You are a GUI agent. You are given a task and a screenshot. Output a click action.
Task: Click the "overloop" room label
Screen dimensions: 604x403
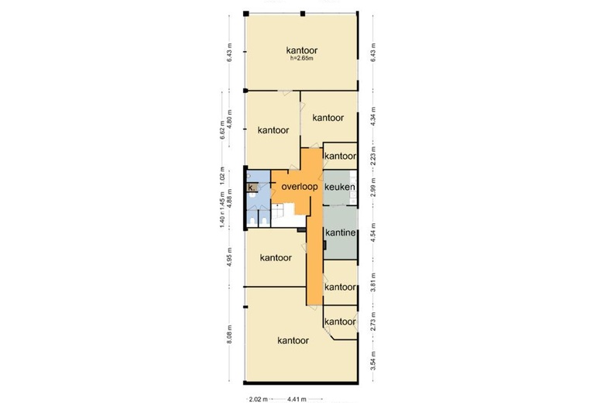point(300,187)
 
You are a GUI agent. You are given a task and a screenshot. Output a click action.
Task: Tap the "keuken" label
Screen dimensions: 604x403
point(340,187)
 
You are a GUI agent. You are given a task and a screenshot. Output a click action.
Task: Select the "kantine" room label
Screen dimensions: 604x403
point(341,232)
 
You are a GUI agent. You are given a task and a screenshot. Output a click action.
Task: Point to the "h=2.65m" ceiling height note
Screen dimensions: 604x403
point(302,59)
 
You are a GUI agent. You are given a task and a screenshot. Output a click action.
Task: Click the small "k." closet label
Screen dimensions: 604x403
point(252,188)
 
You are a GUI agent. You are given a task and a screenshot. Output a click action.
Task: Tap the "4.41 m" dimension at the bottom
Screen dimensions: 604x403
point(297,399)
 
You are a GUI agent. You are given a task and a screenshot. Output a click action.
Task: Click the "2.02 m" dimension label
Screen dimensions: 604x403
point(258,399)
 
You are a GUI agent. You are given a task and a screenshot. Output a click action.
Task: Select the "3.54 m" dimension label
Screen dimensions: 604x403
point(373,360)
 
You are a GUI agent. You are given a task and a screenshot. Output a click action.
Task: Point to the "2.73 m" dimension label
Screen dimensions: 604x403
point(373,321)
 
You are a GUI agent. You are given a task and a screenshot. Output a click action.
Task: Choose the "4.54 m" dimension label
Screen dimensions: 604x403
point(373,232)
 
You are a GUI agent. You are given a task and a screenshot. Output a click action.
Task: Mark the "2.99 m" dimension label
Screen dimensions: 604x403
point(373,187)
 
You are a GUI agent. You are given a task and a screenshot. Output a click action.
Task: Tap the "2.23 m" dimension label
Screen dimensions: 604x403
point(373,157)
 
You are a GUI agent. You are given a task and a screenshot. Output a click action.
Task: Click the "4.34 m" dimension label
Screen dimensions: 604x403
point(373,116)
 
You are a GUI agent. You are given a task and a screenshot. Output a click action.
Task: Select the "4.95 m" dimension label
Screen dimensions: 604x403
point(229,257)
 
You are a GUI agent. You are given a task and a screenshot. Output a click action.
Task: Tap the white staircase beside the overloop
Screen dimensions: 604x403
point(288,217)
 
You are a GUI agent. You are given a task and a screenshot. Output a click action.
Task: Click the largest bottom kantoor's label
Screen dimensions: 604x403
point(293,340)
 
